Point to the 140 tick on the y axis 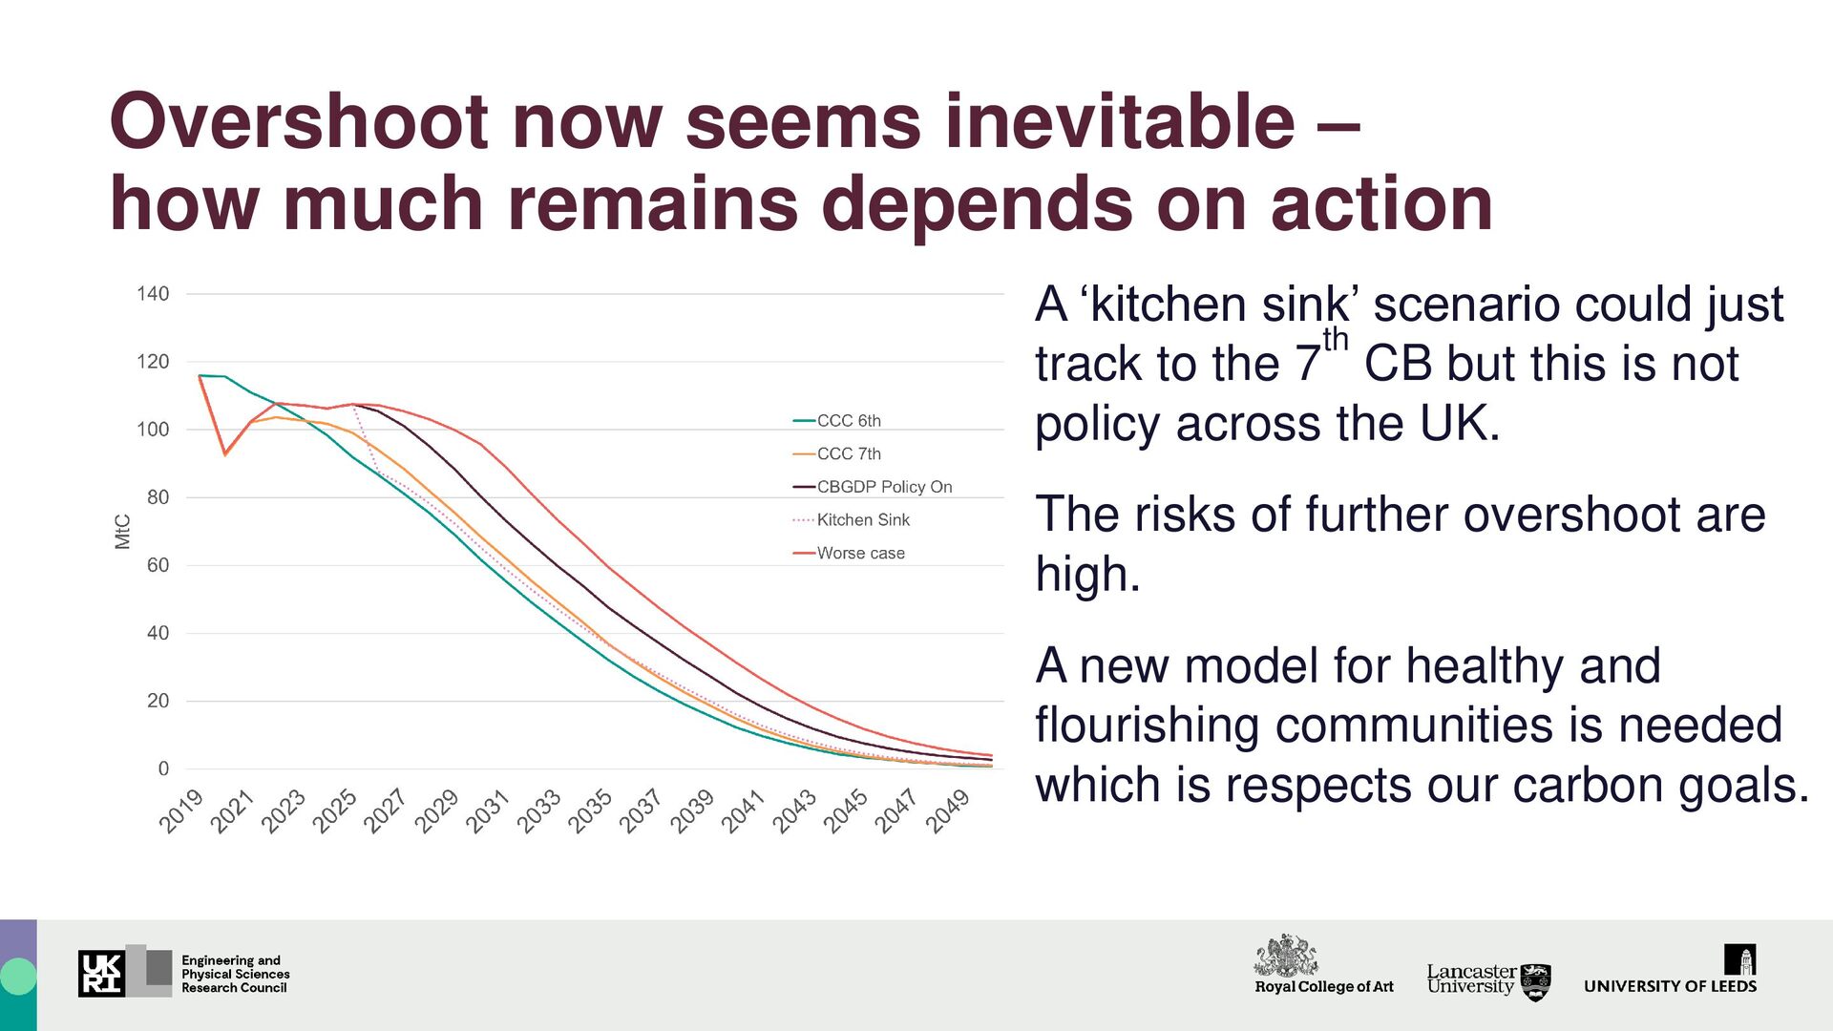click(153, 294)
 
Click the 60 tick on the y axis click(158, 565)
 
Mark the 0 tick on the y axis click(163, 768)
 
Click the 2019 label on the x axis click(181, 811)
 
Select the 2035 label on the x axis click(590, 811)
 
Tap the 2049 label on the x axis click(948, 811)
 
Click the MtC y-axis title click(122, 532)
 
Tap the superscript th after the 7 click(1335, 340)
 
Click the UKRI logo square click(101, 973)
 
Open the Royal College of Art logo click(1323, 965)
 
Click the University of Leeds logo click(1670, 971)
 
